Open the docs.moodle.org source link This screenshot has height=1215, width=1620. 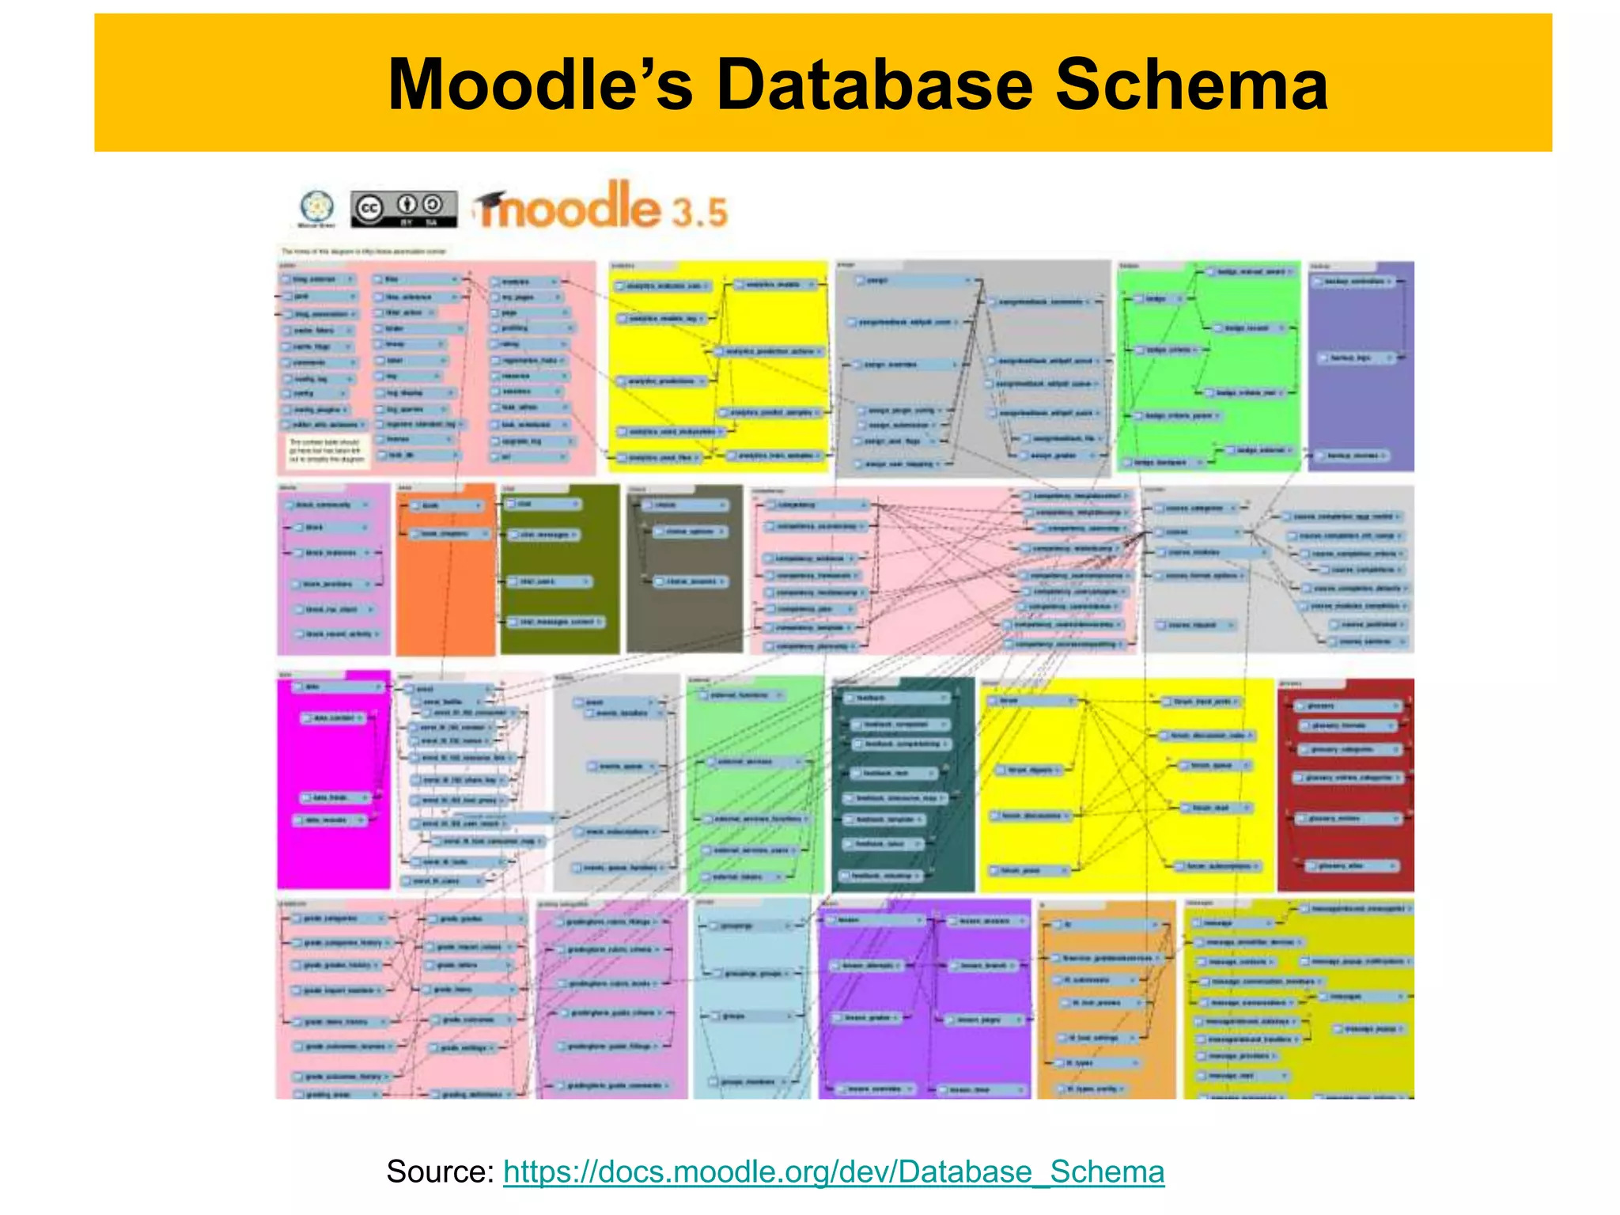pyautogui.click(x=833, y=1171)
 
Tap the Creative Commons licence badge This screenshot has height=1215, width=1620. pyautogui.click(x=403, y=209)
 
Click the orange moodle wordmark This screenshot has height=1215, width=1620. pyautogui.click(x=568, y=207)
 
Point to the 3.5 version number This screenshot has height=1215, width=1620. pyautogui.click(x=699, y=212)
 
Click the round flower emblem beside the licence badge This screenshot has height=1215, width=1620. pyautogui.click(x=316, y=208)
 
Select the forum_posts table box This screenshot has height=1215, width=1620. pyautogui.click(x=1025, y=870)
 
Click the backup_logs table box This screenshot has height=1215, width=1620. pyautogui.click(x=1356, y=358)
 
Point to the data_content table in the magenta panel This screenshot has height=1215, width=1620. pyautogui.click(x=335, y=717)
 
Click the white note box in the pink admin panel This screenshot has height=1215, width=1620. pyautogui.click(x=327, y=450)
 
